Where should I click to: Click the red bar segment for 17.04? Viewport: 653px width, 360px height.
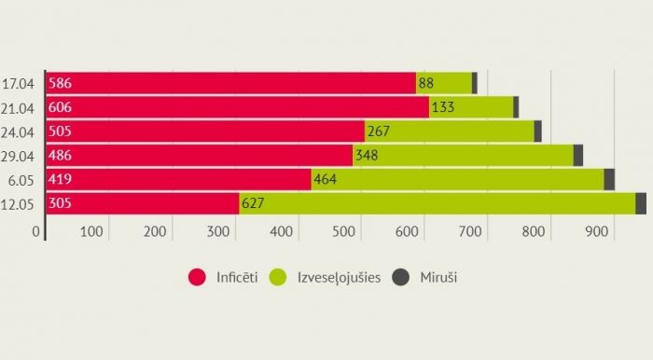tap(233, 83)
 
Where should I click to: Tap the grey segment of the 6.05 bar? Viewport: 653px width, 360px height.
tap(609, 179)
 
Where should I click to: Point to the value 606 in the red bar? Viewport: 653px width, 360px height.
tap(59, 107)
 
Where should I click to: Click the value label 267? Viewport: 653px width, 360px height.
tap(380, 132)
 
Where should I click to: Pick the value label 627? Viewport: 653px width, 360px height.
tap(253, 203)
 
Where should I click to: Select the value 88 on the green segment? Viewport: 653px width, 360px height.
tap(426, 83)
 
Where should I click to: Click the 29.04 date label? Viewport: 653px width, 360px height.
tap(20, 156)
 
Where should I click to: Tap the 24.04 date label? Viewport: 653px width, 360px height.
tap(20, 132)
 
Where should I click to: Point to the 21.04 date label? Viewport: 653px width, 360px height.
tap(20, 107)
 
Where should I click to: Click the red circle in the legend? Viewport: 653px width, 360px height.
tap(197, 277)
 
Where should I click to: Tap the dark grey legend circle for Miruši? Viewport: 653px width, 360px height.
tap(401, 277)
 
